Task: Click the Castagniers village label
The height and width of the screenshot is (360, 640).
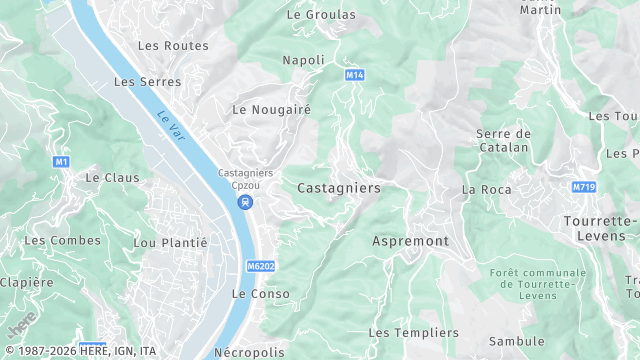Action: point(338,187)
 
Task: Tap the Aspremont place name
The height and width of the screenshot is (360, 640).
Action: point(410,241)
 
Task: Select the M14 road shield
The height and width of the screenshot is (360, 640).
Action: point(354,75)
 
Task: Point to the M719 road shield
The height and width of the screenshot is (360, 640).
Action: point(584,187)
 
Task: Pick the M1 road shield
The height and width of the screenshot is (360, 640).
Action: point(62,161)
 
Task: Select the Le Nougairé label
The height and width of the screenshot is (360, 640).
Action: point(272,109)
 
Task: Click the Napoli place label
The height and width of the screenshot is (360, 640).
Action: point(304,60)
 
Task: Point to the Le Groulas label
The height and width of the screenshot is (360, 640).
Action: point(321,15)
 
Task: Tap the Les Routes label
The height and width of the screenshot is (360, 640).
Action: point(173,46)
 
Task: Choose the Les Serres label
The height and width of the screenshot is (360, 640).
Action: point(148,81)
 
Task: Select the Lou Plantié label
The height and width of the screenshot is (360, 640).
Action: point(170,242)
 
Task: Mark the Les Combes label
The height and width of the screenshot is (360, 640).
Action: point(62,240)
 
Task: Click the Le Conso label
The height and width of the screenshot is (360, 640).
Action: point(260,294)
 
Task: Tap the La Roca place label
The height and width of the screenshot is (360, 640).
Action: point(486,189)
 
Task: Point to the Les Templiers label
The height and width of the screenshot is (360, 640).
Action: point(413,332)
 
